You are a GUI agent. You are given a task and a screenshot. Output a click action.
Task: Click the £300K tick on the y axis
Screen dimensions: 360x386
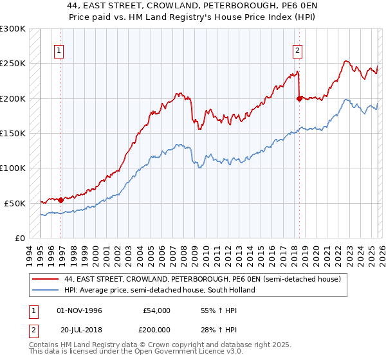(x=13, y=29)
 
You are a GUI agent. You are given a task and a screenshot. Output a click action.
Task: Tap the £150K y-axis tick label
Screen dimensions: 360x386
(x=13, y=133)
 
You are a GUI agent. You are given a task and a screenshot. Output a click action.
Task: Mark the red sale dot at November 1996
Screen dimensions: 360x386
(x=60, y=200)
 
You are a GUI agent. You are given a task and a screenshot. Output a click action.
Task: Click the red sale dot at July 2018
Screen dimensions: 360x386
(x=299, y=98)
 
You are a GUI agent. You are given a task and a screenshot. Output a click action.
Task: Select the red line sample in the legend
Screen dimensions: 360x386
(x=46, y=279)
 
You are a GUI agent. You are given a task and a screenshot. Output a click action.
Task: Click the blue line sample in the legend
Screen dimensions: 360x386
(x=46, y=290)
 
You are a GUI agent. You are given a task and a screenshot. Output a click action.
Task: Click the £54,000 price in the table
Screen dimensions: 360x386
(x=156, y=310)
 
